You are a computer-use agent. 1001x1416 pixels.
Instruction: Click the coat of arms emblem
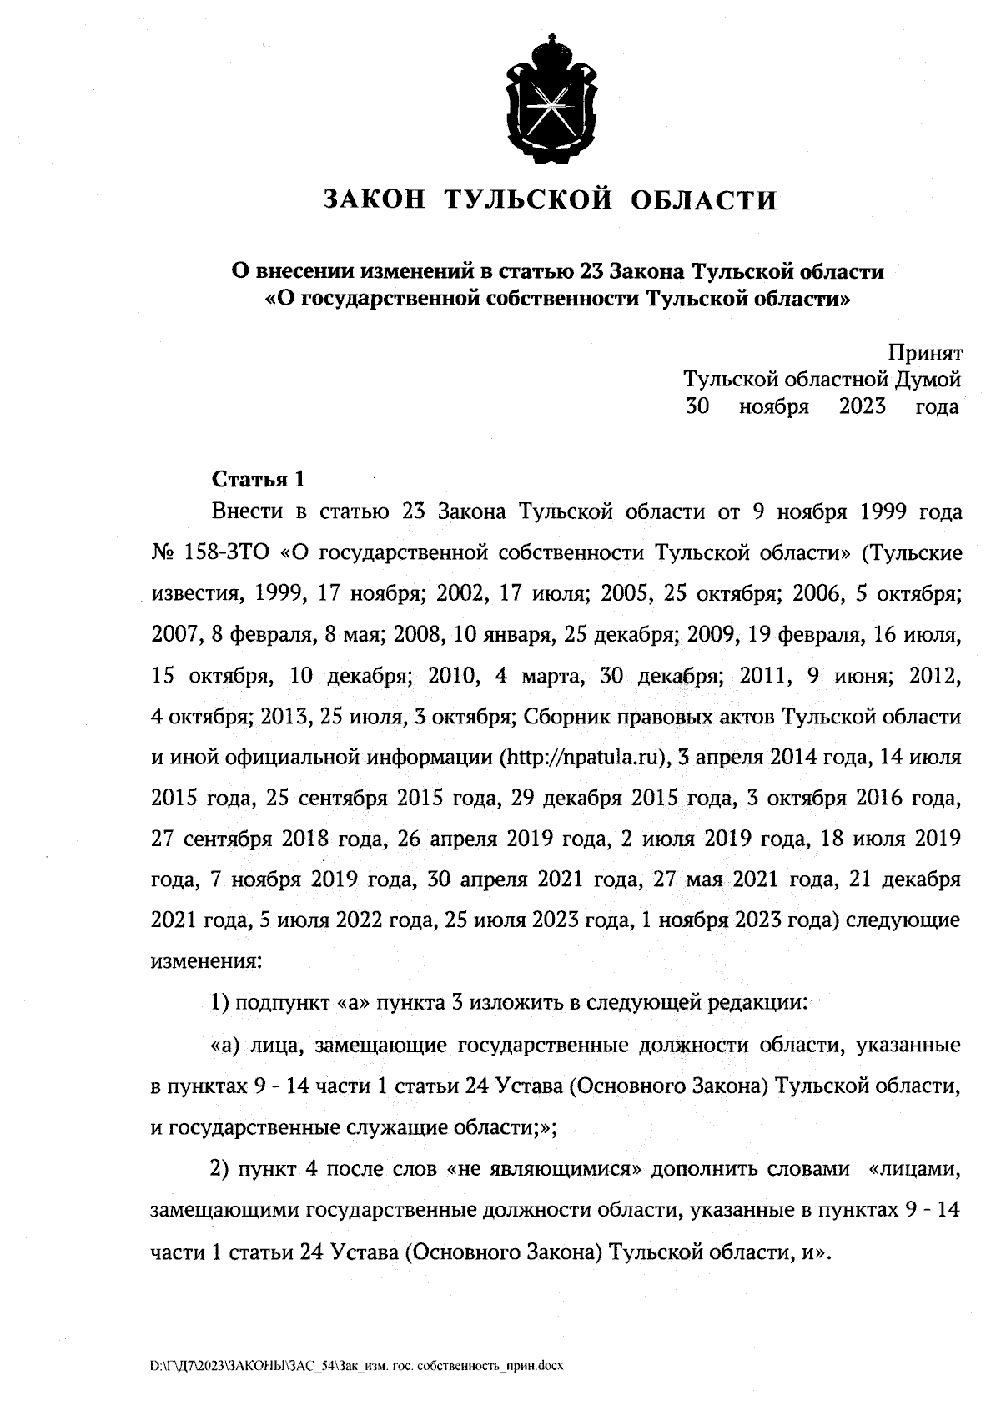pyautogui.click(x=550, y=98)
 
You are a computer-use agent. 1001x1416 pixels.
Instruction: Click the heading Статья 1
pyautogui.click(x=258, y=480)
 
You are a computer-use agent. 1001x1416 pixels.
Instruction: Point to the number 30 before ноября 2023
pyautogui.click(x=697, y=407)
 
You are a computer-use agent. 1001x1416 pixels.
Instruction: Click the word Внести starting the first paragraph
pyautogui.click(x=247, y=511)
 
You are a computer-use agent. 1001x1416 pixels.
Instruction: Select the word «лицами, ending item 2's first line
pyautogui.click(x=917, y=1170)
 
